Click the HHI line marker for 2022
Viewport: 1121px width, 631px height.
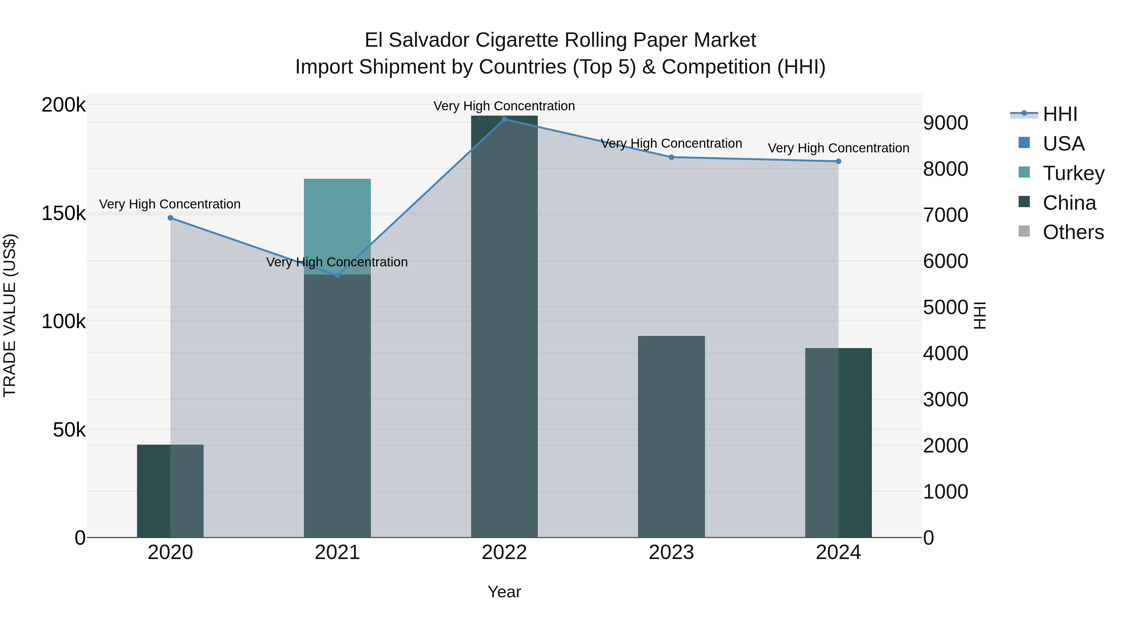(x=504, y=119)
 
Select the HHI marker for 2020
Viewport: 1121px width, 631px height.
(x=170, y=218)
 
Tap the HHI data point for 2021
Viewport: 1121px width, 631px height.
(x=337, y=275)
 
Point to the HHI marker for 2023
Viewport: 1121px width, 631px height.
(x=671, y=157)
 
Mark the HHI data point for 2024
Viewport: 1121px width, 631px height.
(x=839, y=161)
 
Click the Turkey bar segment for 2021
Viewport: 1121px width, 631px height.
(x=337, y=227)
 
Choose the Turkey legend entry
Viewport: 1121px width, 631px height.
(x=1073, y=173)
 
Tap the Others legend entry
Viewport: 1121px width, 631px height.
(x=1073, y=232)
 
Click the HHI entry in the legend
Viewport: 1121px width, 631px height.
(x=1060, y=114)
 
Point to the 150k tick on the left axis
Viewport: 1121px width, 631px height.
(x=64, y=214)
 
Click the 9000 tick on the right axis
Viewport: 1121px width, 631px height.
(x=945, y=123)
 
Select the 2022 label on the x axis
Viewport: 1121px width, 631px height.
(x=504, y=552)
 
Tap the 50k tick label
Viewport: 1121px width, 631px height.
(x=69, y=430)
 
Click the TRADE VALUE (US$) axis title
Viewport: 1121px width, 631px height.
(x=10, y=315)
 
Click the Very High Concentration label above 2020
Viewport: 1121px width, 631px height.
(x=170, y=204)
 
